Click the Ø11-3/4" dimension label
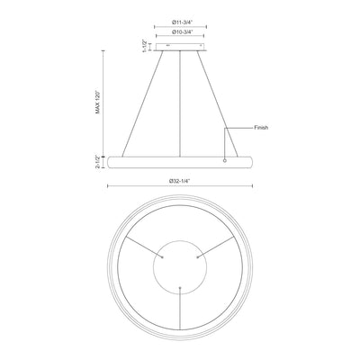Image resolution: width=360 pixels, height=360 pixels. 182,22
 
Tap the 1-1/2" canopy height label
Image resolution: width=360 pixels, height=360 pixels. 145,46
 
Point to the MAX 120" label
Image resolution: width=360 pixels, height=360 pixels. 97,102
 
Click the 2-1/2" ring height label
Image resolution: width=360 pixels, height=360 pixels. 97,162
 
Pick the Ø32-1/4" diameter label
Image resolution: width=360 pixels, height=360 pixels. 180,181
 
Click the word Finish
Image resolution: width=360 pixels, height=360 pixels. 261,128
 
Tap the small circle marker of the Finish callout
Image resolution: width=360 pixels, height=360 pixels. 225,160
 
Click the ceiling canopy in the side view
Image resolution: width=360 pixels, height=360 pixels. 180,47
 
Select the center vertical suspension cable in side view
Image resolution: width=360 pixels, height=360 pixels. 180,103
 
